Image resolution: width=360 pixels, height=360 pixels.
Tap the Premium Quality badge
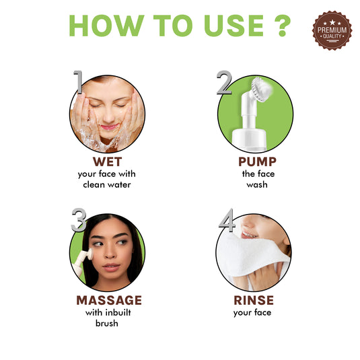tap(332, 30)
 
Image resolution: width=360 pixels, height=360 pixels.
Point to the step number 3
tap(78, 219)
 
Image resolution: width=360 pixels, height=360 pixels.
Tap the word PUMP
tap(257, 162)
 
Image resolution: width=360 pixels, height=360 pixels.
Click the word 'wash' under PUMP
tap(257, 184)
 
